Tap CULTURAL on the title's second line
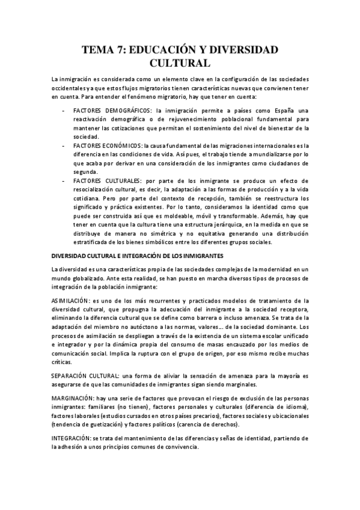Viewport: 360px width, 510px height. tap(180, 63)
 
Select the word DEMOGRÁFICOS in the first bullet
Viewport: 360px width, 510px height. tap(125, 111)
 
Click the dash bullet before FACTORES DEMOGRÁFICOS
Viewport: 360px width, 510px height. tap(64, 111)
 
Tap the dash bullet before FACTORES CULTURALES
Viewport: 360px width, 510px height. tap(64, 180)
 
